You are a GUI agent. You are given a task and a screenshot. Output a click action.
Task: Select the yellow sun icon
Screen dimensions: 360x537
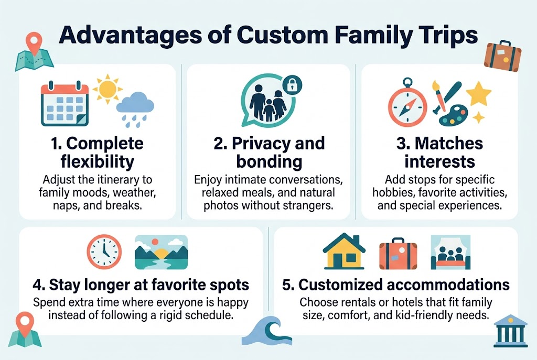pos(107,89)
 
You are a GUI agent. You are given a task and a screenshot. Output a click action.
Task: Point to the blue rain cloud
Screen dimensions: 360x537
pos(135,107)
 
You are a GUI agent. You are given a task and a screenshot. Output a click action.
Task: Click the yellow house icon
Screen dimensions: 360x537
pos(343,252)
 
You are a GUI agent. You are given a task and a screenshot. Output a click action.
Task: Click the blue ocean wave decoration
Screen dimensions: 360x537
pos(270,332)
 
